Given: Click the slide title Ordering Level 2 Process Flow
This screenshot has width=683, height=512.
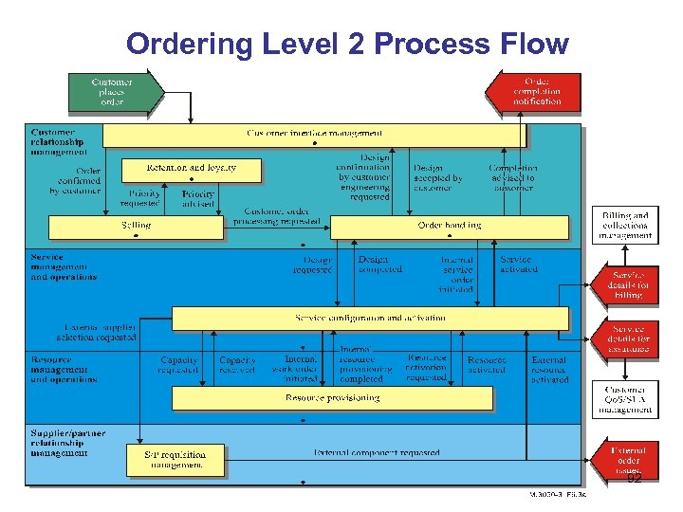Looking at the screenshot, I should click(347, 44).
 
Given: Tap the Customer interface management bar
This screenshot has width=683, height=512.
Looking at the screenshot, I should click(313, 136).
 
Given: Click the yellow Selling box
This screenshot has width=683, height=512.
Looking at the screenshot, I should click(136, 228).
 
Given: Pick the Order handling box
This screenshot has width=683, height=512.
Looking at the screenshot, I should click(449, 228).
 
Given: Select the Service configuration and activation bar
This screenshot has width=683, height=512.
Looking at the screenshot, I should click(370, 318).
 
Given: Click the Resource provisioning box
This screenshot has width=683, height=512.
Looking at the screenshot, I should click(332, 399).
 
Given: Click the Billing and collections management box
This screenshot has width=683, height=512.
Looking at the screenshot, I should click(625, 226).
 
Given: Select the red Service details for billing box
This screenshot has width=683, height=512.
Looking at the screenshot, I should click(628, 284).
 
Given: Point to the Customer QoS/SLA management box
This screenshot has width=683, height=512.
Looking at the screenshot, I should click(625, 400).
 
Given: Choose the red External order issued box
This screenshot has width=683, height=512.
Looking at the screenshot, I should click(628, 459).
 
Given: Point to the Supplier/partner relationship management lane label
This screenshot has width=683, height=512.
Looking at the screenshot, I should click(67, 443).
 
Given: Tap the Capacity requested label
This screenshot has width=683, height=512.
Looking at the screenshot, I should click(178, 365).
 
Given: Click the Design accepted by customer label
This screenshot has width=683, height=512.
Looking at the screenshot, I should click(437, 177).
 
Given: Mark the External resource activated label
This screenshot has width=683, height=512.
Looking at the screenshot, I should click(549, 370).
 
